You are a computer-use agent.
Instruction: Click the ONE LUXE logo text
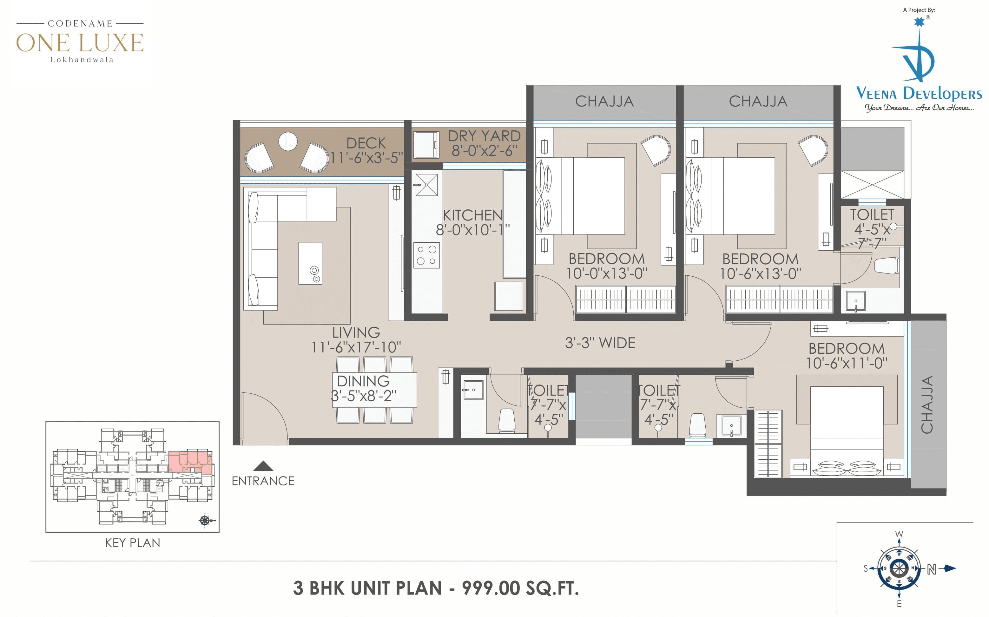[80, 43]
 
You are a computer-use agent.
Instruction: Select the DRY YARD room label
[484, 136]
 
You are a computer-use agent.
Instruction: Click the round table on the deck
[288, 141]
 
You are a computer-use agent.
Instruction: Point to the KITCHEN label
[473, 215]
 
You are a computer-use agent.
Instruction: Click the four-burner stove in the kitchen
[426, 255]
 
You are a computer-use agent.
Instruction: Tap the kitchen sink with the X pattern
[426, 184]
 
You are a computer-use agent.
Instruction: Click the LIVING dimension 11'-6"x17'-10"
[356, 347]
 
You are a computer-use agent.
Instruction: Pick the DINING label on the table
[363, 381]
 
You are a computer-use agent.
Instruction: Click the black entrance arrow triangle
[263, 466]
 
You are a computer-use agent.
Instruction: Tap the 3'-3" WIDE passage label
[600, 343]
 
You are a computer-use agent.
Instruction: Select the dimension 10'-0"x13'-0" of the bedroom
[607, 273]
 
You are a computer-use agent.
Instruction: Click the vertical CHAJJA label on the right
[927, 404]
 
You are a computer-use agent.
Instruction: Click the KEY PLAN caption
[132, 543]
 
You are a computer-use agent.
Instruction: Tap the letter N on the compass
[932, 569]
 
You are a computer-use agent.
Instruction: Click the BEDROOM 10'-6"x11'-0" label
[847, 355]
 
